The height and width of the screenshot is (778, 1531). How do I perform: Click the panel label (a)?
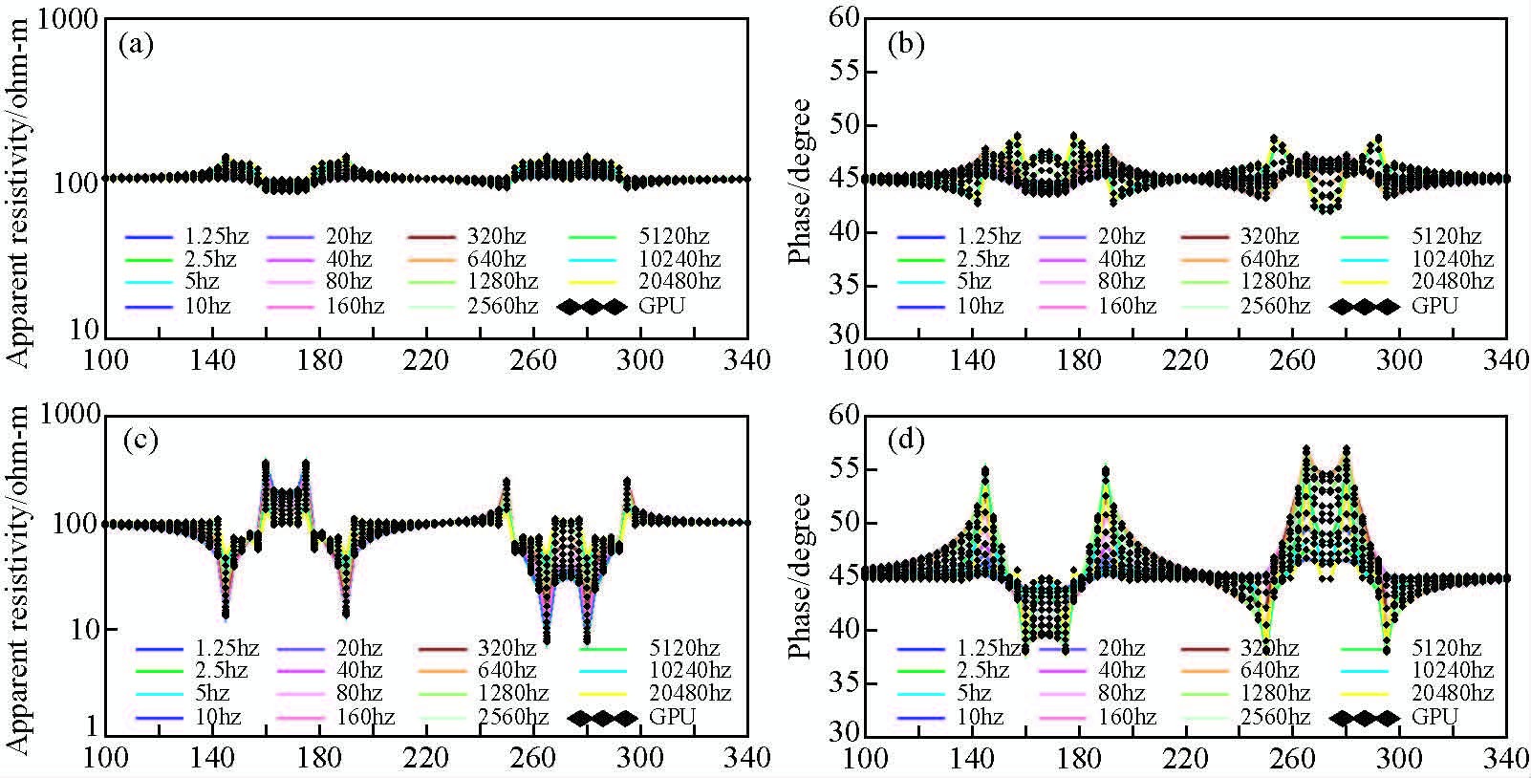(x=136, y=45)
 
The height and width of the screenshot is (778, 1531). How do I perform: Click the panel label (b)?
(x=906, y=45)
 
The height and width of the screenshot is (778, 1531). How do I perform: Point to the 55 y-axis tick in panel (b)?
(x=842, y=73)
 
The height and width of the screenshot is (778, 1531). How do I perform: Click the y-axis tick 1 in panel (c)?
(x=89, y=726)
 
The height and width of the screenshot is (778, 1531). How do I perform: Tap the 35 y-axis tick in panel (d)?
(x=842, y=682)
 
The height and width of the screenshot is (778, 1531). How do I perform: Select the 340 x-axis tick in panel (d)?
(x=1506, y=759)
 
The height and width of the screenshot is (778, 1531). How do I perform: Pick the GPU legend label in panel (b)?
(x=1434, y=306)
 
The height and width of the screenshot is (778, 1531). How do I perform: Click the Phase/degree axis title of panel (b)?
(x=801, y=180)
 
